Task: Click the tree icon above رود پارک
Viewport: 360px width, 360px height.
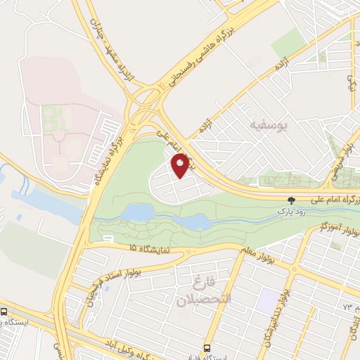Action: pyautogui.click(x=291, y=200)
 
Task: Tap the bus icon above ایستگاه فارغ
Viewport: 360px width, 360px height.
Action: pyautogui.click(x=207, y=348)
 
